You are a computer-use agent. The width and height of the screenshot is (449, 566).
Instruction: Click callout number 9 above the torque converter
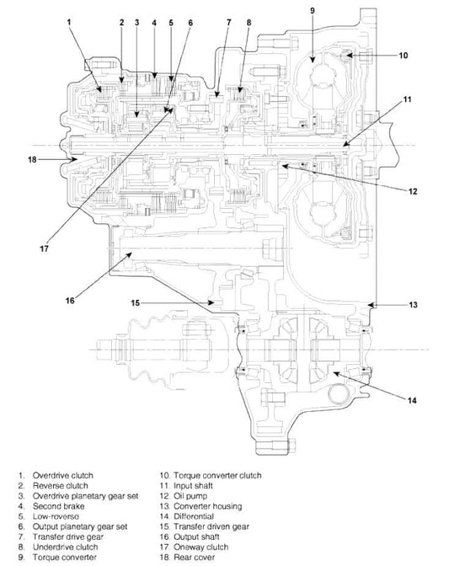pos(313,10)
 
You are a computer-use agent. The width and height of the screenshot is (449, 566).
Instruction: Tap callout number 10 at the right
pos(404,56)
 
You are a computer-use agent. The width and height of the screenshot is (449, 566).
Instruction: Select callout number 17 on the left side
pos(44,248)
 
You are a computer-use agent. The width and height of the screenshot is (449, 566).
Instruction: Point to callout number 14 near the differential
pos(412,400)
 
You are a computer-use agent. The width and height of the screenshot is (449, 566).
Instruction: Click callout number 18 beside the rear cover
pos(33,159)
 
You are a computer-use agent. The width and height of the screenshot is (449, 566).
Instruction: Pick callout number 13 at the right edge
pos(414,305)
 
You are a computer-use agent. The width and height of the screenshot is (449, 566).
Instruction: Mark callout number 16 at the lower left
pos(70,301)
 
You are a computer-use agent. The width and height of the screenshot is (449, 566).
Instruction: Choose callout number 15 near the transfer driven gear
pos(135,302)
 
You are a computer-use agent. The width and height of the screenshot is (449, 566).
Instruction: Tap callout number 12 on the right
pos(413,191)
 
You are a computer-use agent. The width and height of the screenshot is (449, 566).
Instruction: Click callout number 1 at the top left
pos(69,22)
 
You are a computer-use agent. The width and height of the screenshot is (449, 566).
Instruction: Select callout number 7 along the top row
pos(229,23)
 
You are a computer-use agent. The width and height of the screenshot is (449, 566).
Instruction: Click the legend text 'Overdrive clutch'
pos(63,475)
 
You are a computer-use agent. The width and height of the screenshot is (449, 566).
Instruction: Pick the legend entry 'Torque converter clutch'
pos(217,475)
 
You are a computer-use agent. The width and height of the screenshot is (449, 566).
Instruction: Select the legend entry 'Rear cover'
pos(195,558)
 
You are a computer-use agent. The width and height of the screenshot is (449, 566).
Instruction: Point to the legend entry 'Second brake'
pos(58,506)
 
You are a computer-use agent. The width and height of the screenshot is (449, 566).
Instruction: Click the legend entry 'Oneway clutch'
pos(200,547)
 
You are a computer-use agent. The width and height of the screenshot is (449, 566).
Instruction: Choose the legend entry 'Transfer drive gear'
pos(68,537)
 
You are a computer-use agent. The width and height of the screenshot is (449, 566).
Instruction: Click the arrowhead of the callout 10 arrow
pos(347,56)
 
